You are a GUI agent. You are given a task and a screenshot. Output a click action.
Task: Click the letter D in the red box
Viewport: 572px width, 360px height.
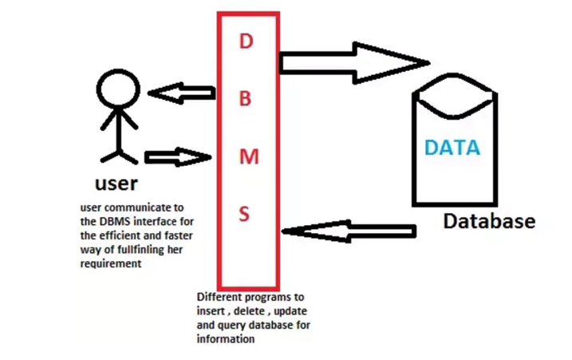(246, 42)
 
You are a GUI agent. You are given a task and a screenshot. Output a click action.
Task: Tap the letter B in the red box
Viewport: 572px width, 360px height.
(246, 99)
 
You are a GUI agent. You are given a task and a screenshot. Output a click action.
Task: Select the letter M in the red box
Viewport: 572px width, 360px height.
(249, 156)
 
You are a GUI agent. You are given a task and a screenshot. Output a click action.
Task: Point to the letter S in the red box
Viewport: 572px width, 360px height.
(245, 214)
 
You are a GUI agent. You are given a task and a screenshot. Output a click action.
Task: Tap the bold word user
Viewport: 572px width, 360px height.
(116, 183)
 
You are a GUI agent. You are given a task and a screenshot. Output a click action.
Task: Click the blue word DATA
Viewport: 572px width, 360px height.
(452, 148)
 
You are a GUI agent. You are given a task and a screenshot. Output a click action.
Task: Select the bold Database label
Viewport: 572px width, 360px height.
(489, 221)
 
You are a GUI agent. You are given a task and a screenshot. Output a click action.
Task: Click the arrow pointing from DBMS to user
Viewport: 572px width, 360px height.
(182, 93)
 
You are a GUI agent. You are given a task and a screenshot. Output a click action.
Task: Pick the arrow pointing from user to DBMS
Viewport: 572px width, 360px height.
(177, 156)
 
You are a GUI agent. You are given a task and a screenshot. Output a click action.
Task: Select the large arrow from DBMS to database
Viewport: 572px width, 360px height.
(354, 62)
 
